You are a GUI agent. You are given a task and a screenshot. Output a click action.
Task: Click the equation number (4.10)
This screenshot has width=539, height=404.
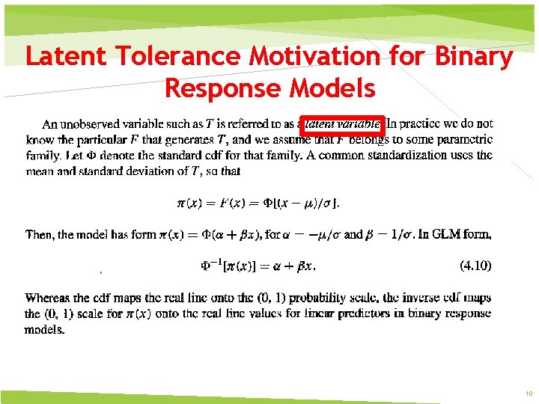[x=473, y=264]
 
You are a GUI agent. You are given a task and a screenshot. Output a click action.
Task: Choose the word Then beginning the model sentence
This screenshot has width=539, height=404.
[x=39, y=234]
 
